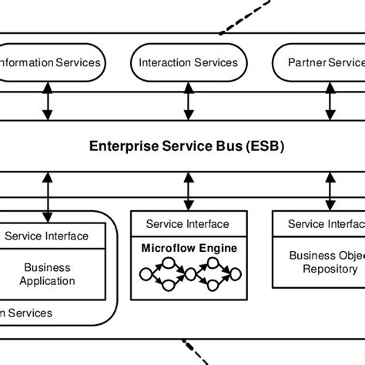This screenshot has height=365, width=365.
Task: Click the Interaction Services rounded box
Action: (x=188, y=62)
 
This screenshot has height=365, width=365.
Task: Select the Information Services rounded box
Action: (x=50, y=62)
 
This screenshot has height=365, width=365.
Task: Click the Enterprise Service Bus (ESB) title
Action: (x=187, y=146)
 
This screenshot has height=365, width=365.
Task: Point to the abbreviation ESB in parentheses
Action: (x=266, y=146)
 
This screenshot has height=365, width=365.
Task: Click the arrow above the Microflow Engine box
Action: (x=187, y=192)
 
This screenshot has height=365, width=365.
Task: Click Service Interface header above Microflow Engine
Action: (x=187, y=224)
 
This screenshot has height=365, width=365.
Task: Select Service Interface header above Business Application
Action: (x=47, y=236)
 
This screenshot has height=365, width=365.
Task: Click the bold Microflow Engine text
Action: (x=188, y=248)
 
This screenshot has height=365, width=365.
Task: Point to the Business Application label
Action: (x=47, y=274)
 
